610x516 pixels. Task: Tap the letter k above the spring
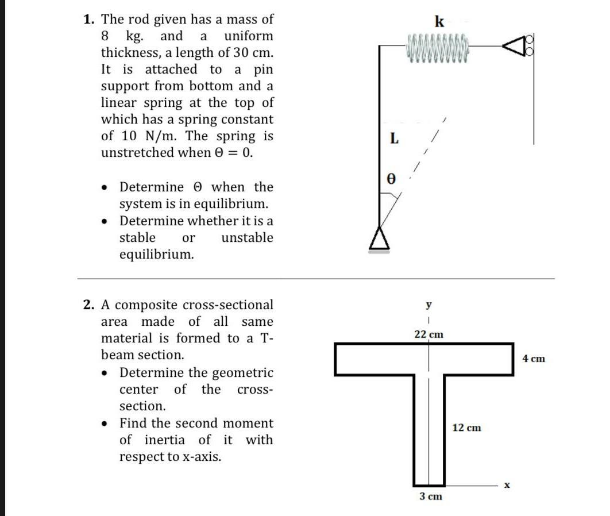pyautogui.click(x=439, y=22)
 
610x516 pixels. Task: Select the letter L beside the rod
pyautogui.click(x=393, y=138)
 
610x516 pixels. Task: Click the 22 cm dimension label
pyautogui.click(x=429, y=334)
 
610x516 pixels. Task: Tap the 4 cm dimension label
pyautogui.click(x=534, y=359)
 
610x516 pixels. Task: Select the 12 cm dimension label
pyautogui.click(x=466, y=428)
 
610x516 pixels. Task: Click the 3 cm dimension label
pyautogui.click(x=430, y=496)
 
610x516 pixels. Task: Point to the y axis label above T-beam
pyautogui.click(x=428, y=304)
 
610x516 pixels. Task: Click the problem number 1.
pyautogui.click(x=88, y=20)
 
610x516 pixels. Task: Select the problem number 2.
pyautogui.click(x=88, y=305)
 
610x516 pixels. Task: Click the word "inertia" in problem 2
pyautogui.click(x=164, y=440)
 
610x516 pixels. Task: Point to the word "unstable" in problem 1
pyautogui.click(x=247, y=238)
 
